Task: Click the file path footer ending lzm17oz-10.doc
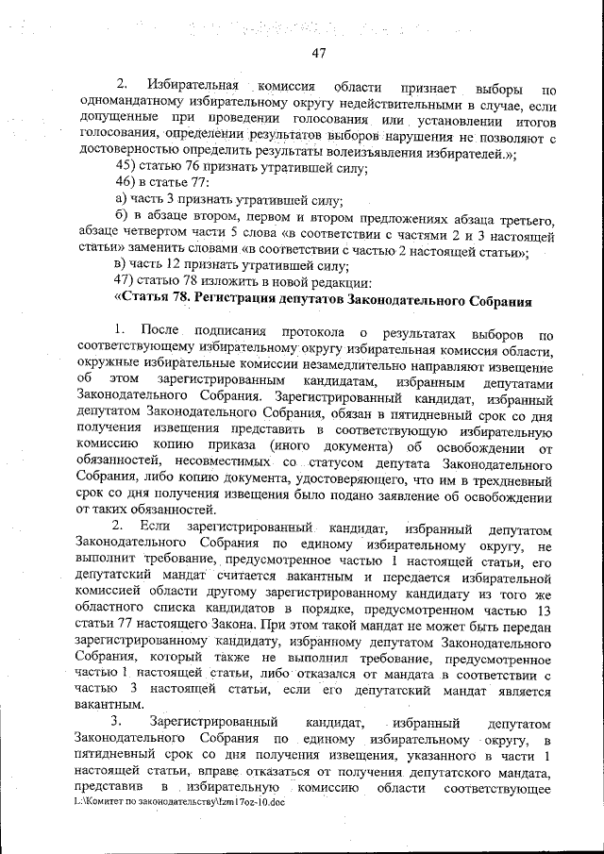point(179,801)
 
